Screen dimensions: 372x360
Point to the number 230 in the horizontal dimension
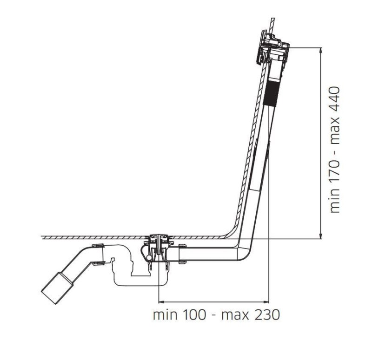[x=267, y=315]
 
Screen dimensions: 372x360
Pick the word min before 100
[x=165, y=315]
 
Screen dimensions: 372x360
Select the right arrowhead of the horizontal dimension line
[x=266, y=302]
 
